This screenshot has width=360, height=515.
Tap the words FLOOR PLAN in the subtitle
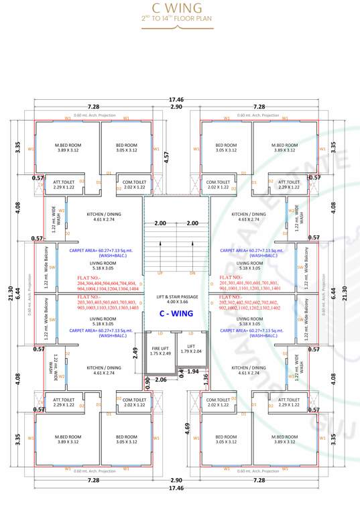point(199,20)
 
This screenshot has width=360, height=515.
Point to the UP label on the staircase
point(160,274)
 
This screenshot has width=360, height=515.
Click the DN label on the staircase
point(192,274)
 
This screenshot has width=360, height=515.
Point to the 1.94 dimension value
point(192,371)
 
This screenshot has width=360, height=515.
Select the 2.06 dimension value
point(160,380)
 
